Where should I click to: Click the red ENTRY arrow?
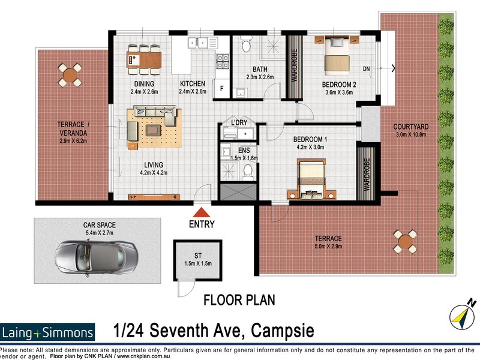coord(202,212)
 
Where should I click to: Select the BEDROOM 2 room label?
coord(340,85)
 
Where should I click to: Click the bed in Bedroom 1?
coord(312,179)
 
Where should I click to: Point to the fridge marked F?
coord(221,88)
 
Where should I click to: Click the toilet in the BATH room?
coord(245,44)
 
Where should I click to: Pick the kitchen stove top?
coord(222,61)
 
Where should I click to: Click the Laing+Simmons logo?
coord(48,332)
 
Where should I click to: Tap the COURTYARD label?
coord(410,127)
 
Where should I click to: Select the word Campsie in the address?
coord(282,331)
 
